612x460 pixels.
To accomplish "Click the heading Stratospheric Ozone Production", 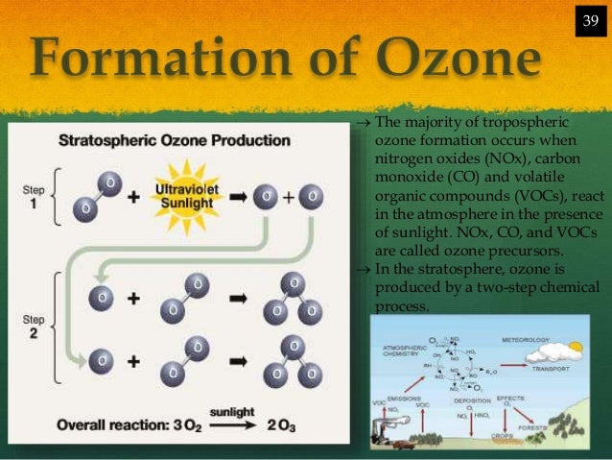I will click(x=176, y=140).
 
